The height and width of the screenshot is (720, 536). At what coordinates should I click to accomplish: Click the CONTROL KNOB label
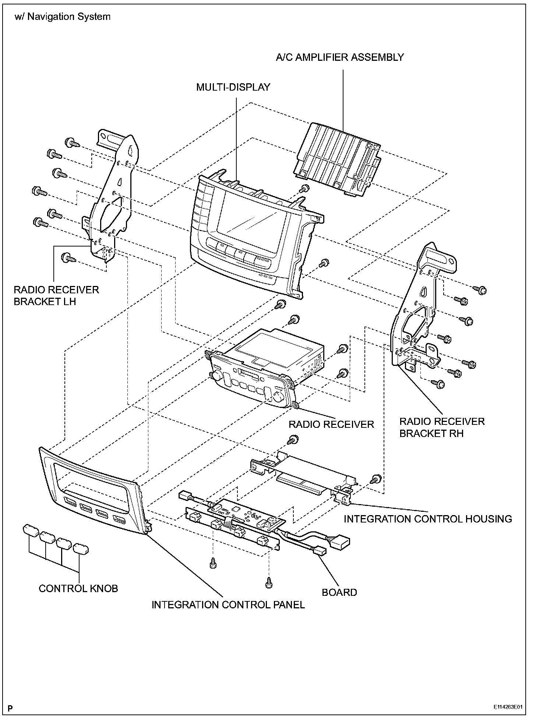coord(78,588)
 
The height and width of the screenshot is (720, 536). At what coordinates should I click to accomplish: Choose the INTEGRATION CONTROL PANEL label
coord(228,605)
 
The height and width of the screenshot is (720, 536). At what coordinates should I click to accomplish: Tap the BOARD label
coord(339,593)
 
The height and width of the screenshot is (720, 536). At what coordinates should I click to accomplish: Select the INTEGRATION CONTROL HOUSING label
coord(428,519)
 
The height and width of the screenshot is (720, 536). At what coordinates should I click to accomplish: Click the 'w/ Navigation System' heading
coord(63,17)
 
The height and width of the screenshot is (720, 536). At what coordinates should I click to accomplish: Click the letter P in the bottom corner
coord(11,707)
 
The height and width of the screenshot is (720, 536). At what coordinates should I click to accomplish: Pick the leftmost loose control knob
coord(31,531)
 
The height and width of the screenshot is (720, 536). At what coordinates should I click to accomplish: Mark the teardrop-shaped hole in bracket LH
coord(130,150)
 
